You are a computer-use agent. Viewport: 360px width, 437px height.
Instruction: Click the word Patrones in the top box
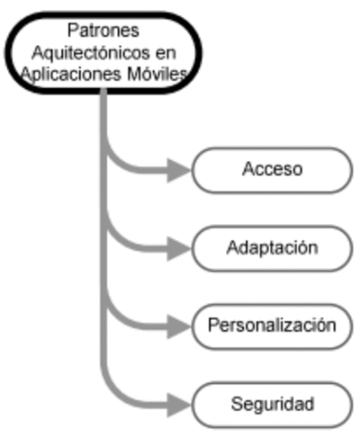(x=103, y=31)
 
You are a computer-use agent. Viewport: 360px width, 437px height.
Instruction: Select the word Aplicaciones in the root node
(x=72, y=75)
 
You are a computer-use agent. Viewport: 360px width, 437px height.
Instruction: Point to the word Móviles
(x=157, y=74)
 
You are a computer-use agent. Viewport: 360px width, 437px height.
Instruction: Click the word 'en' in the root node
(x=166, y=54)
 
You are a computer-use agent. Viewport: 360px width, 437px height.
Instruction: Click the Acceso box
(x=272, y=170)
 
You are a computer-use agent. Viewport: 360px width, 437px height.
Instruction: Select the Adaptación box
(x=272, y=248)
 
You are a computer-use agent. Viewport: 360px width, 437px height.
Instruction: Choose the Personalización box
(x=272, y=326)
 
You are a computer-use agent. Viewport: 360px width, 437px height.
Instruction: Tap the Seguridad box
(x=272, y=405)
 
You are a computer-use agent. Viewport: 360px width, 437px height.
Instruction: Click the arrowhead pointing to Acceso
(x=178, y=170)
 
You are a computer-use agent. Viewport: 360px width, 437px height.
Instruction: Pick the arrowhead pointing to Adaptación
(x=178, y=248)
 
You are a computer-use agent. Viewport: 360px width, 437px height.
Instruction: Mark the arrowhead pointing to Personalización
(x=178, y=326)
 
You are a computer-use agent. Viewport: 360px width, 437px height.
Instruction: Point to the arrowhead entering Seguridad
(x=178, y=405)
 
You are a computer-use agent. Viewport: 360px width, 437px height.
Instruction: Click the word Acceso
(x=272, y=169)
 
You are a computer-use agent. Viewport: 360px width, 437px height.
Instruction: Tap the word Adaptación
(x=272, y=248)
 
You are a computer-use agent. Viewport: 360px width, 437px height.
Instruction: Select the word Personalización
(x=272, y=326)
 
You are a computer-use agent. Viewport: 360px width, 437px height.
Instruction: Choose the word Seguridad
(x=273, y=404)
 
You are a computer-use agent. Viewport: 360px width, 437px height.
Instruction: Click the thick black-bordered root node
(x=103, y=53)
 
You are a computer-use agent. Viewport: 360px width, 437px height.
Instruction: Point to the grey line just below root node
(x=103, y=111)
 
